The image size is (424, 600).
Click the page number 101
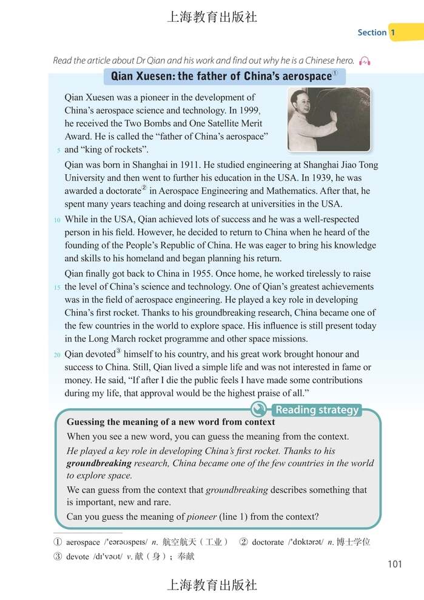pos(394,564)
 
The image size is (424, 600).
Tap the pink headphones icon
pos(365,61)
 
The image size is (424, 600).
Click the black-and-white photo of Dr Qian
pos(329,120)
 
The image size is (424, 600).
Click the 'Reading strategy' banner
pos(317,410)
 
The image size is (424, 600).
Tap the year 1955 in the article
pos(193,273)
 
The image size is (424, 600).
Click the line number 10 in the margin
pos(56,220)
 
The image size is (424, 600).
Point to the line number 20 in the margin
pos(56,355)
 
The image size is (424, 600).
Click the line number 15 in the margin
pos(56,287)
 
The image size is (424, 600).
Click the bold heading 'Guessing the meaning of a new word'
pos(170,422)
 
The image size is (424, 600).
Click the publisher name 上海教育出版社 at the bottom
pos(212,585)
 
